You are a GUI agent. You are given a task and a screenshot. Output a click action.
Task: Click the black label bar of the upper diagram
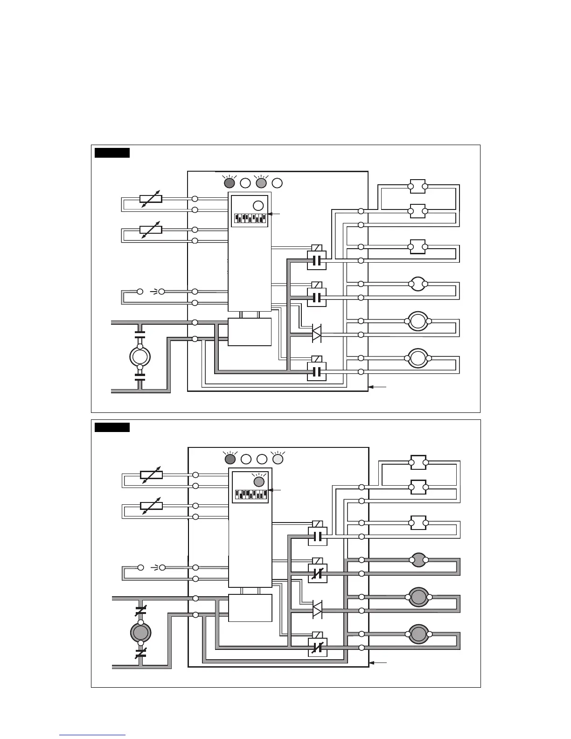coord(112,153)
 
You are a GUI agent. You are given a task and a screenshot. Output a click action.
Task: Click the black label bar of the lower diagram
coord(112,427)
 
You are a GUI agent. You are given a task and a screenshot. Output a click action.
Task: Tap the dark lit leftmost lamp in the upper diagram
coord(230,183)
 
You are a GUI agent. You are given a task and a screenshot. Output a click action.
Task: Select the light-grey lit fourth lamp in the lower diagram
coord(278,459)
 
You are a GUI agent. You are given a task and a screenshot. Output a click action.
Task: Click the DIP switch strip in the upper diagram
coord(250,218)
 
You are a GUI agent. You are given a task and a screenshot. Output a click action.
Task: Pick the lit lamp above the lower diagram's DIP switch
coord(258,482)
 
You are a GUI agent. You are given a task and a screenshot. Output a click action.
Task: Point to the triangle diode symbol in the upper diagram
coord(317,334)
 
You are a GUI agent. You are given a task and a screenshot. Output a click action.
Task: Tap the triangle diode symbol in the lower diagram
coord(317,610)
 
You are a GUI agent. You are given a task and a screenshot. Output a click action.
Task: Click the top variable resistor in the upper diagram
coord(151,199)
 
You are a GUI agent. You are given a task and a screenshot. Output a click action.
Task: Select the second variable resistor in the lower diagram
coord(151,506)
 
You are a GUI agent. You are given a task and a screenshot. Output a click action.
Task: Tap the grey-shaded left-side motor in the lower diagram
coord(140,633)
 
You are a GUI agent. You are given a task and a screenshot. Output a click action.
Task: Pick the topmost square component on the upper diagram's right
coord(418,186)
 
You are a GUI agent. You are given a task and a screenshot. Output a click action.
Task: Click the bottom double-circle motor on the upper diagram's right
coord(418,358)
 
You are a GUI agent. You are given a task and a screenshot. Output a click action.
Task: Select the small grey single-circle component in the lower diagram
coord(418,560)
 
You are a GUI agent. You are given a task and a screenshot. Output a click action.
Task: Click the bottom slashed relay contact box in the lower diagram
coord(318,647)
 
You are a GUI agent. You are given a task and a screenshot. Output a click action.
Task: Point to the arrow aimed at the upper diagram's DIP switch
coord(275,214)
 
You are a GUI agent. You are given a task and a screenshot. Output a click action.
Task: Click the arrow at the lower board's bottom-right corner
coord(378,662)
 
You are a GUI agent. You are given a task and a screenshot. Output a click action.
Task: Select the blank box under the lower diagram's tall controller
coord(250,608)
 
